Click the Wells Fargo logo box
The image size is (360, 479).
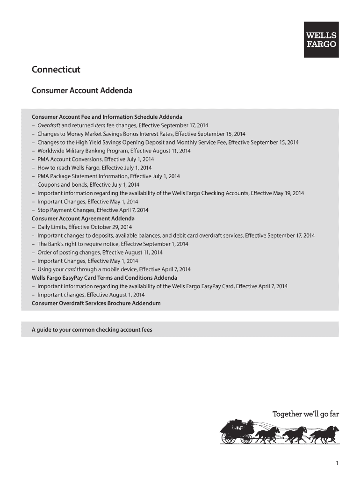coord(321,40)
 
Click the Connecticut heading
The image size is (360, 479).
coord(56,70)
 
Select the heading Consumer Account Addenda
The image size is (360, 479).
coord(82,90)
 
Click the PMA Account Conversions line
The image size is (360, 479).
coord(95,159)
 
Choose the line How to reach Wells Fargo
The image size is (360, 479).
coord(94,167)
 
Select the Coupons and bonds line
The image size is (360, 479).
coord(88,185)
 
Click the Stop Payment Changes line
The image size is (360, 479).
coord(93,210)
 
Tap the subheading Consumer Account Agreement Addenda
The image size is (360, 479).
coord(83,218)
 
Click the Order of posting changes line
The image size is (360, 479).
coord(100,252)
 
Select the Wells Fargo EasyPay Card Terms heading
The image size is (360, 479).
coord(104,278)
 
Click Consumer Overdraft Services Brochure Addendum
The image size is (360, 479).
coord(96,303)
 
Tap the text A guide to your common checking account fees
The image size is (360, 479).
coord(92,330)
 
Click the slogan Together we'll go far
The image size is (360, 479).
coord(305,414)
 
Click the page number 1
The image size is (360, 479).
coord(337,463)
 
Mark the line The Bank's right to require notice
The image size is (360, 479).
coord(113,244)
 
